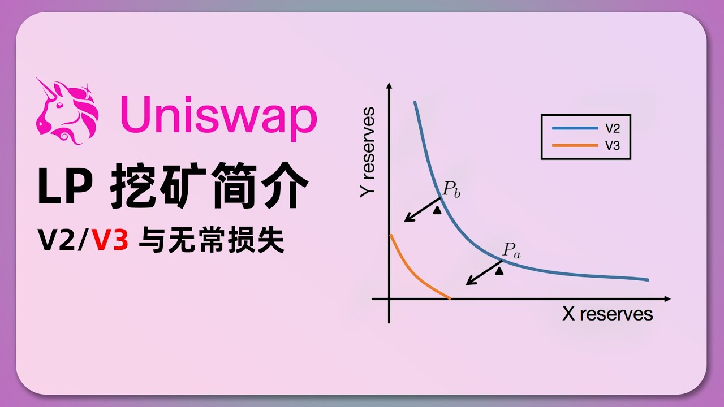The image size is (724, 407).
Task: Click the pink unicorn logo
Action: (67, 111)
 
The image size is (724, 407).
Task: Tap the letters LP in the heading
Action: (65, 189)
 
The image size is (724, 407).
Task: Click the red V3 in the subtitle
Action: (111, 241)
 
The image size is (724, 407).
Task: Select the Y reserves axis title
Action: (368, 151)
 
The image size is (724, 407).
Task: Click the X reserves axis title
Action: (607, 314)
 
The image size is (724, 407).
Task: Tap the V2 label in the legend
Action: (613, 128)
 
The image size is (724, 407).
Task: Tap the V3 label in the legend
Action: (613, 145)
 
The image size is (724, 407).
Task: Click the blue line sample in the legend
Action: (575, 128)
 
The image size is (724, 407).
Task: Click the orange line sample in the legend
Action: (575, 145)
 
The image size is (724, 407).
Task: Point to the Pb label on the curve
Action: (451, 190)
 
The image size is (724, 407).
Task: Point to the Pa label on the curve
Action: (511, 250)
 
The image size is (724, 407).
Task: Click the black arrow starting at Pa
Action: (484, 272)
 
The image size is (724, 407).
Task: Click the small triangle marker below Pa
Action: (498, 271)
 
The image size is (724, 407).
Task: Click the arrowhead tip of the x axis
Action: (669, 298)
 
